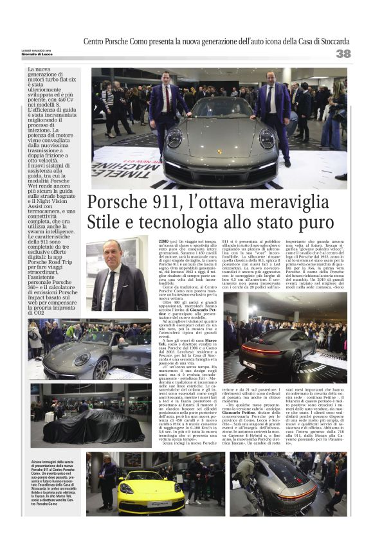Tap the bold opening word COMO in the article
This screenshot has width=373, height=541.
pos(163,240)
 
